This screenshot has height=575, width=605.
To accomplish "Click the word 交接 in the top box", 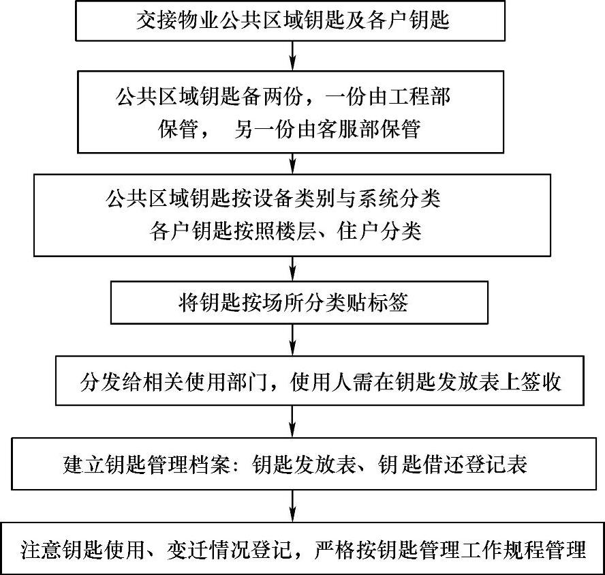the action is click(x=155, y=20).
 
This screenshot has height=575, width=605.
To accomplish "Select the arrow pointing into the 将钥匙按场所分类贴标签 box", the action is click(x=292, y=267).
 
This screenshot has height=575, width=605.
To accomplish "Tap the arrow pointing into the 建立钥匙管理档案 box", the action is click(x=292, y=422).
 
